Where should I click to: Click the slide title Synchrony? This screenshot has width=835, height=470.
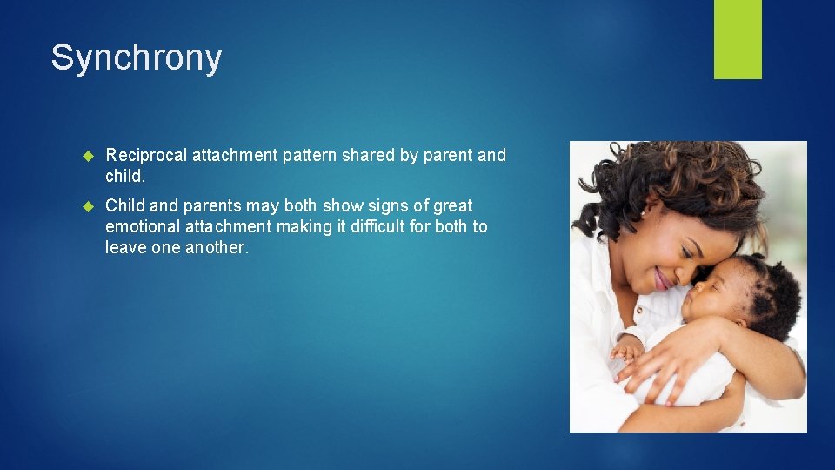coord(137,58)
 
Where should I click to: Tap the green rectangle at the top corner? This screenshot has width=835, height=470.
coord(738,38)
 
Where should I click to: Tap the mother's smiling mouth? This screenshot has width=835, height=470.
coord(663,279)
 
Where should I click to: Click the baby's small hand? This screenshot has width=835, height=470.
coord(625,351)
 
